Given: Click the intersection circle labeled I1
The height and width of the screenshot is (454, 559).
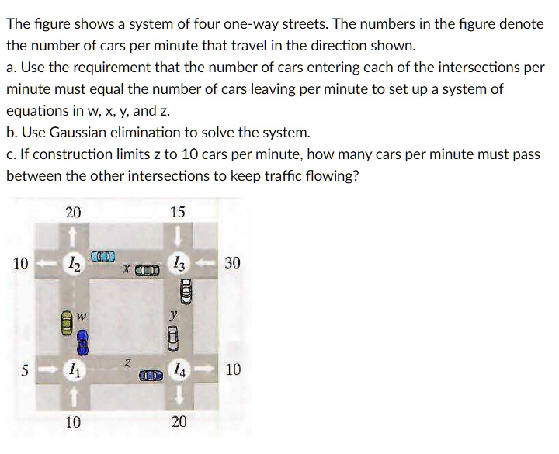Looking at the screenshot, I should [72, 371].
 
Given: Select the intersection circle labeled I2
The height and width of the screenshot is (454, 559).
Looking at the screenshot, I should [72, 265].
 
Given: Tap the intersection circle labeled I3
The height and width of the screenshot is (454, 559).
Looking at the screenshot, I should [179, 265].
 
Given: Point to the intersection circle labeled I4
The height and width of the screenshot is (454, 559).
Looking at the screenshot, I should [179, 371].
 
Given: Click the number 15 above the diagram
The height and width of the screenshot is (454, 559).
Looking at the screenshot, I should [178, 212].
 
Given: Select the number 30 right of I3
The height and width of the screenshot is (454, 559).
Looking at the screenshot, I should [232, 264].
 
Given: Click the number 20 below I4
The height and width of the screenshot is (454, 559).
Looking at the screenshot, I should [179, 421].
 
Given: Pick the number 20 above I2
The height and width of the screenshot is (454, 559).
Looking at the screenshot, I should [72, 212].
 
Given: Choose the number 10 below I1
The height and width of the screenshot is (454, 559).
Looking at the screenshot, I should [72, 421].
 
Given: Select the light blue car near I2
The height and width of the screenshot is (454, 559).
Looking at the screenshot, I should [102, 255].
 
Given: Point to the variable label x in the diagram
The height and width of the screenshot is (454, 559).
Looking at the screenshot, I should [125, 269].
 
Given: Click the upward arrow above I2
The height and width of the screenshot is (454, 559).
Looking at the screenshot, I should [72, 233].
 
